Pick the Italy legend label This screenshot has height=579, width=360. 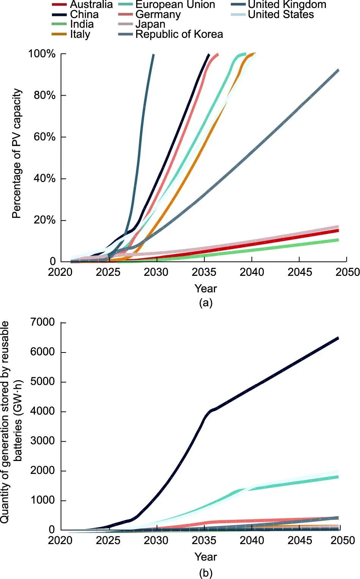[x=80, y=34]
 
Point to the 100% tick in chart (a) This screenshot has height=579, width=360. [x=42, y=53]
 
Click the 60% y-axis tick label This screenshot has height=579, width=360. [x=44, y=137]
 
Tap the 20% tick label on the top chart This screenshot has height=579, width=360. [x=44, y=220]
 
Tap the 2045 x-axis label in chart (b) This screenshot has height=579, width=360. [x=300, y=540]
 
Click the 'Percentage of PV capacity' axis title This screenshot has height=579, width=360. [x=17, y=154]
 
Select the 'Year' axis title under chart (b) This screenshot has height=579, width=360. [x=206, y=557]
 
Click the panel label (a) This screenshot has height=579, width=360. [x=206, y=303]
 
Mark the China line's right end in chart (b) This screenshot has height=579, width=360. [x=338, y=338]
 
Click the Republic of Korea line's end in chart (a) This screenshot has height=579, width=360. [x=338, y=70]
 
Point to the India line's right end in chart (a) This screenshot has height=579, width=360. [x=338, y=240]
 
